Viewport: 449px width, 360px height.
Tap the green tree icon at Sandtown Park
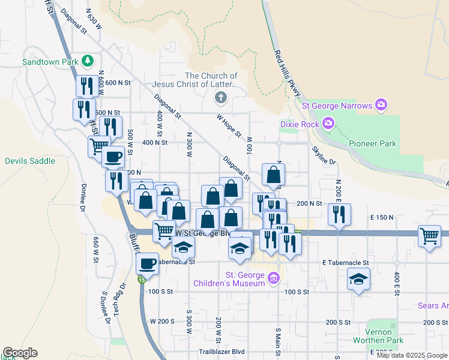pos(88,61)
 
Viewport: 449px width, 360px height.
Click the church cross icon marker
pos(220,97)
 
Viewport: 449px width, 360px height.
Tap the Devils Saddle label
pos(30,161)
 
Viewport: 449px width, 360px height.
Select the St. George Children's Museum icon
pos(274,277)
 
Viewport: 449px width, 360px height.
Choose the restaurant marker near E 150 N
pos(340,214)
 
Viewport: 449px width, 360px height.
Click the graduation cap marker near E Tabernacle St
pos(359,279)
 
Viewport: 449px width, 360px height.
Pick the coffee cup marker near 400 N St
pos(112,157)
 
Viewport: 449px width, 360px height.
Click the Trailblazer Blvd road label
pos(222,352)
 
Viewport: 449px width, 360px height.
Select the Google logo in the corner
pos(20,353)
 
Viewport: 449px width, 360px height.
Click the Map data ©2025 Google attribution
pos(412,355)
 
